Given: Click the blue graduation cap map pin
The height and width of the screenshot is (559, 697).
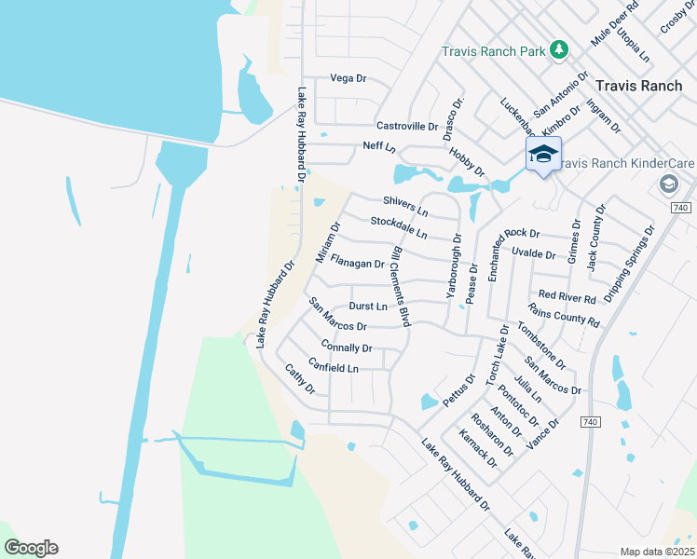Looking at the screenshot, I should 543,155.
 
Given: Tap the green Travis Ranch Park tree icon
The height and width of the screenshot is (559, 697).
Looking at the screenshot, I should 559,50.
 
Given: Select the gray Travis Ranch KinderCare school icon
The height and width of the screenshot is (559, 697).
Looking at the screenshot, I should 668,184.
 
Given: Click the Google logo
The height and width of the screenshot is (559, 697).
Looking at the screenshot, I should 31,548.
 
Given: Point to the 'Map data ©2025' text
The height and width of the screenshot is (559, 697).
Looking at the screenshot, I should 656,552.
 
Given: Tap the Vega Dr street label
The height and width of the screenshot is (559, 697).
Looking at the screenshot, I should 348,78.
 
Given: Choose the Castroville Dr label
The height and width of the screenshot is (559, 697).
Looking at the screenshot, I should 406,126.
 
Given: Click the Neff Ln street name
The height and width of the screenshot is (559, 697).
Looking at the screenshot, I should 379,147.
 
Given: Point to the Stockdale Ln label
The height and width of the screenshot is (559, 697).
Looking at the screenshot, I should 398,226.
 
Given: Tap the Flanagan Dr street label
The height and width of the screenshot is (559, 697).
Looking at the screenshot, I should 357,264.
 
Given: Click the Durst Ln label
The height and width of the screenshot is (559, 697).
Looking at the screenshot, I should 367,306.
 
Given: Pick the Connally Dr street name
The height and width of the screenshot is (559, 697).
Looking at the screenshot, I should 346,348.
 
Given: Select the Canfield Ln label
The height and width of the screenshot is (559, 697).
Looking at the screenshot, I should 333,368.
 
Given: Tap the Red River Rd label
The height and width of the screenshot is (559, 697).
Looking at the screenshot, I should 567,297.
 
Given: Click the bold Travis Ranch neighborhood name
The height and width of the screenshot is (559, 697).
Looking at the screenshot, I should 638,85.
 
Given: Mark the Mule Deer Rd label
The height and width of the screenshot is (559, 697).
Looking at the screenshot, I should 616,25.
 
